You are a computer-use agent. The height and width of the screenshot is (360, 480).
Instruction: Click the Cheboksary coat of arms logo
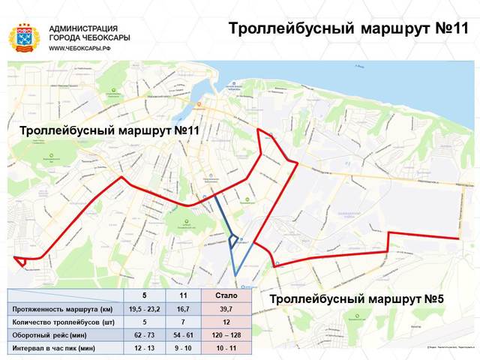pyautogui.click(x=25, y=37)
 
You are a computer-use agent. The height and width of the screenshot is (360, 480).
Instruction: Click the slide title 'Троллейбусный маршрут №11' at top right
pyautogui.click(x=347, y=28)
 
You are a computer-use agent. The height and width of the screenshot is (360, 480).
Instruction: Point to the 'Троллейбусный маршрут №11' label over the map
pyautogui.click(x=109, y=130)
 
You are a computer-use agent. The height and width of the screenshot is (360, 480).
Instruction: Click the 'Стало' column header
pyautogui.click(x=226, y=296)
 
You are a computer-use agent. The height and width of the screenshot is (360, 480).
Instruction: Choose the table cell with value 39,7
pyautogui.click(x=226, y=309)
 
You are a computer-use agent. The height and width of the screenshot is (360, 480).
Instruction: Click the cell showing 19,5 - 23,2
pyautogui.click(x=145, y=309)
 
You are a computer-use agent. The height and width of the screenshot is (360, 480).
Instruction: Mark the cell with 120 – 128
pyautogui.click(x=226, y=335)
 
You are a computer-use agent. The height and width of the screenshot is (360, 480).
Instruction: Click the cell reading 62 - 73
pyautogui.click(x=145, y=335)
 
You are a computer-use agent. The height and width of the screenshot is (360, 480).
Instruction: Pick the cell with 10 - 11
pyautogui.click(x=226, y=349)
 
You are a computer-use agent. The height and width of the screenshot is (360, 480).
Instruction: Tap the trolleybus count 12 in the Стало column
pyautogui.click(x=226, y=322)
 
